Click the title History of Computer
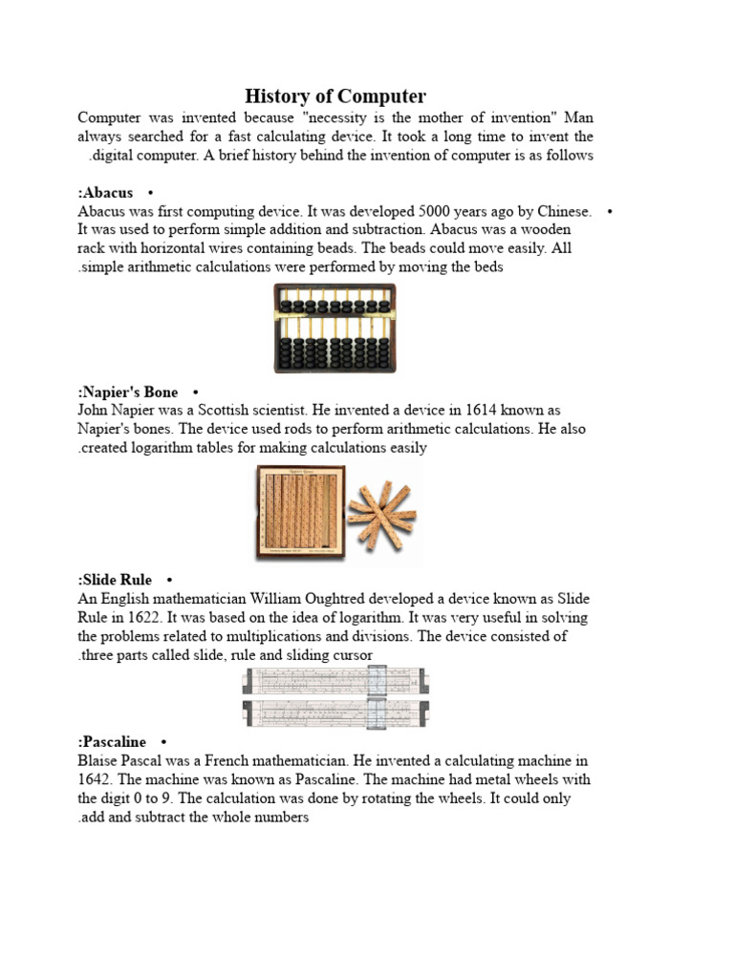pos(335,96)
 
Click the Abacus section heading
pos(107,193)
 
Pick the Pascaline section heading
pos(114,742)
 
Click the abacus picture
pos(335,328)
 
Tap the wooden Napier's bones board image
pos(298,513)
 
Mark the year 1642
pos(94,779)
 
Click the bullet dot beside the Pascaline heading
pos(164,742)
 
